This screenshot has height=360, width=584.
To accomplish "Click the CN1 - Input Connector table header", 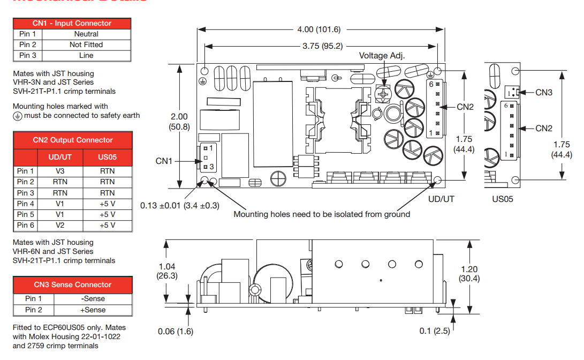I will point(72,24).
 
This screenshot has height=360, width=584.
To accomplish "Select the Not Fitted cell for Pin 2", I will point(86,45).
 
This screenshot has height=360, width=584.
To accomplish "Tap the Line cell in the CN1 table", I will point(86,56).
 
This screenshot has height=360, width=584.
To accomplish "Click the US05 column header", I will point(108,157).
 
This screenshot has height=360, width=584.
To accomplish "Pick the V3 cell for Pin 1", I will point(60,171).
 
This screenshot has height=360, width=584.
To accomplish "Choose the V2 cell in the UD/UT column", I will point(60,226).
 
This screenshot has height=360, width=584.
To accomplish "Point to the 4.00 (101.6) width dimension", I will point(319,29).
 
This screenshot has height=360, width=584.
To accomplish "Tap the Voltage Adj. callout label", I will point(382,56).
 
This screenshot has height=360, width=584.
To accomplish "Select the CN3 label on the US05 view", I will point(544,93).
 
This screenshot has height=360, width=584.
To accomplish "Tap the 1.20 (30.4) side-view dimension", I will point(469,274).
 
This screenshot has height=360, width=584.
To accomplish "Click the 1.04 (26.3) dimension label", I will point(166,271).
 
